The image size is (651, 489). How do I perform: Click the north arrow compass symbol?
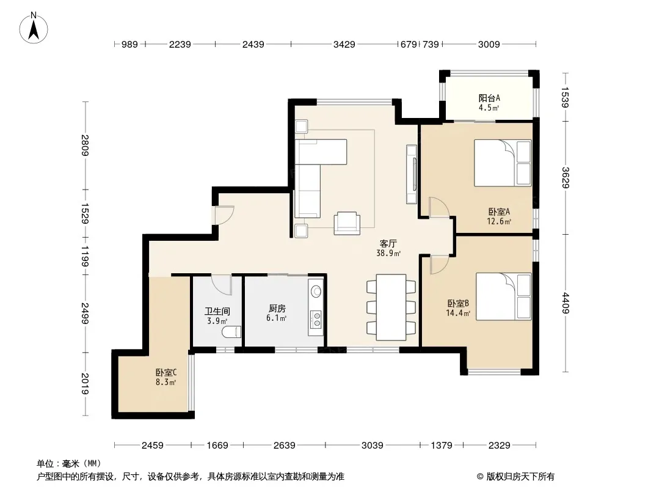click(34, 28)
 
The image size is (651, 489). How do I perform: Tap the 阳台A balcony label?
click(489, 98)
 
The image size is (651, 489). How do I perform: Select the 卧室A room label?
click(498, 211)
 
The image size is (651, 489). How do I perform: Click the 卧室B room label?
click(458, 303)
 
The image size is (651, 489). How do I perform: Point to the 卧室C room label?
click(166, 373)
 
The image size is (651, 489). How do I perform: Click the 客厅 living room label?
click(388, 243)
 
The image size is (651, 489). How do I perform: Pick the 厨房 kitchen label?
click(277, 308)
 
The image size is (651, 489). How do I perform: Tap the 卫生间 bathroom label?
click(217, 311)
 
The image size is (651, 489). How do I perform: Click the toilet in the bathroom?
click(231, 331)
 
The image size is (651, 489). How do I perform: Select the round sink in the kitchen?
click(316, 291)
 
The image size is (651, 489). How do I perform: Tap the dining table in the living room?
click(391, 307)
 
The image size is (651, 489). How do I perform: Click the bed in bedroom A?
click(503, 163)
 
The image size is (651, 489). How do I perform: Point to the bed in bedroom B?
click(504, 296)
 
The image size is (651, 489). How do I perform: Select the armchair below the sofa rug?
click(347, 223)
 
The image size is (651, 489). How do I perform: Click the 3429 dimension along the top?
click(344, 44)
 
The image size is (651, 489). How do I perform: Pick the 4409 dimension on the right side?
click(566, 303)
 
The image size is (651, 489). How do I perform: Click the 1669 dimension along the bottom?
click(217, 446)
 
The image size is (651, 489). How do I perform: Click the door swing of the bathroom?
click(222, 285)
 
